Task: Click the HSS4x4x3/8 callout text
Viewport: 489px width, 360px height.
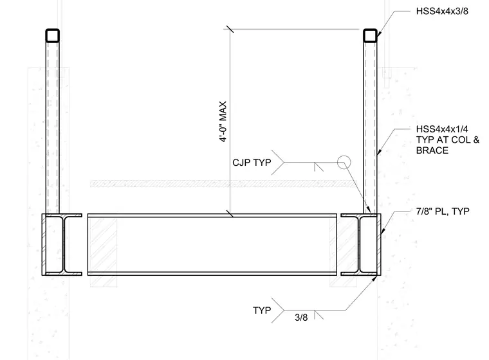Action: (x=442, y=12)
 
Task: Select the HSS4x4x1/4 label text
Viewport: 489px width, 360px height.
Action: (x=442, y=129)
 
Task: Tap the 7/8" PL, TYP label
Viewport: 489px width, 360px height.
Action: (x=443, y=212)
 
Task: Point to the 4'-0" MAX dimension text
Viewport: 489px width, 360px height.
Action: (x=223, y=122)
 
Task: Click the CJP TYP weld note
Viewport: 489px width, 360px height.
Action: (x=252, y=163)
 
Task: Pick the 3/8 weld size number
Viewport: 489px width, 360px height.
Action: (x=301, y=318)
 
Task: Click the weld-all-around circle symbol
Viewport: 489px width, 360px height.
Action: (x=344, y=163)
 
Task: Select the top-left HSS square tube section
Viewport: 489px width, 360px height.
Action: (x=52, y=35)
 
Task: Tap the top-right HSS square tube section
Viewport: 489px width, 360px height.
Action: (x=370, y=35)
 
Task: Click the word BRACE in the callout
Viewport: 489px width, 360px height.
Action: (x=432, y=150)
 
